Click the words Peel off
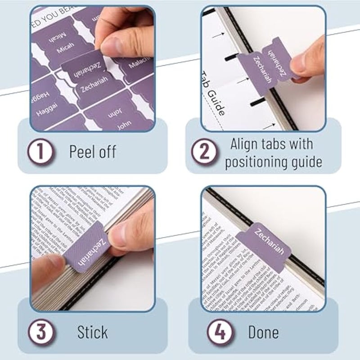pos(92,152)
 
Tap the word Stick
pos(92,333)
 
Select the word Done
pos(263,333)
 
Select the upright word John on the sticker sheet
pos(124,126)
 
